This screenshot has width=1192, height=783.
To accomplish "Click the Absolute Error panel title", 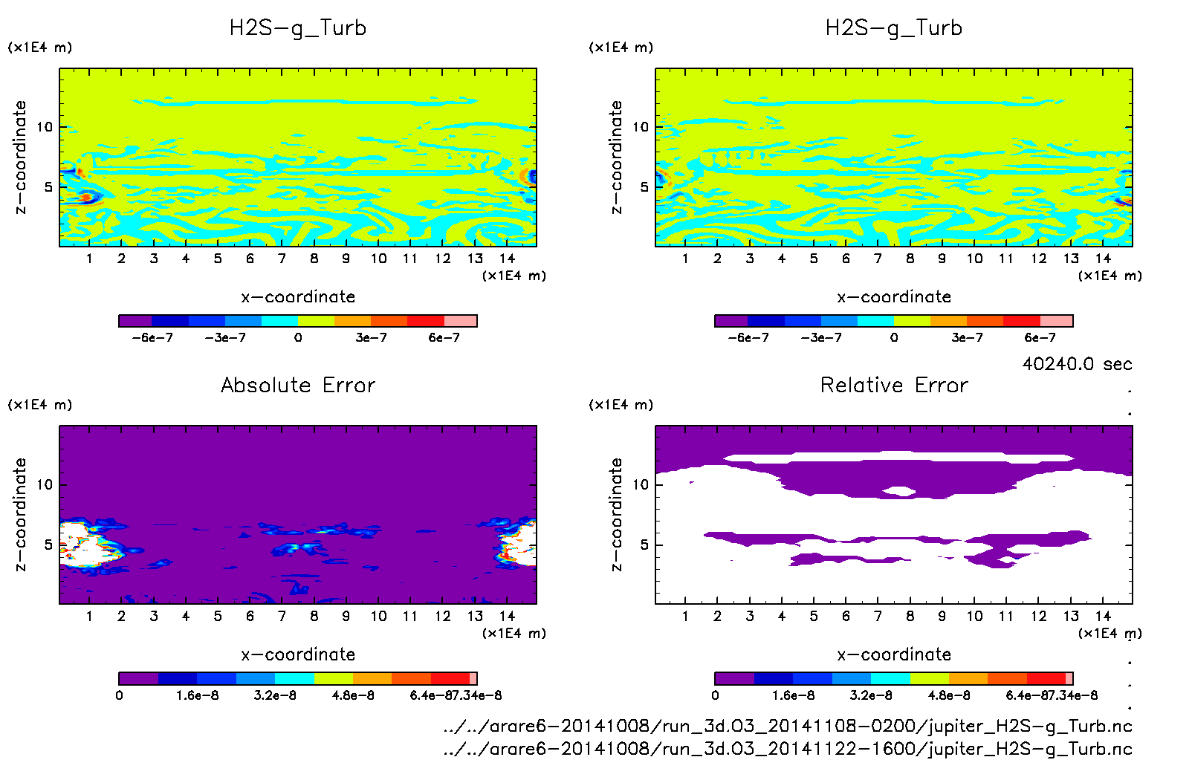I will (x=298, y=385).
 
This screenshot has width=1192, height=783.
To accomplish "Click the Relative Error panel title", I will (x=894, y=385).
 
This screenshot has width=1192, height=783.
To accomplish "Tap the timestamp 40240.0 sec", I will (x=1077, y=364).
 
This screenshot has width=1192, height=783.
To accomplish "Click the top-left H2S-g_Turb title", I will (x=298, y=28).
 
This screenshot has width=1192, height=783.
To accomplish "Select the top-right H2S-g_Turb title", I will (x=894, y=28).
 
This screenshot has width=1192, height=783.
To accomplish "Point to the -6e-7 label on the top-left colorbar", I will (x=152, y=337).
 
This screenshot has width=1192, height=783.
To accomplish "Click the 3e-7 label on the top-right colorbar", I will (x=967, y=337).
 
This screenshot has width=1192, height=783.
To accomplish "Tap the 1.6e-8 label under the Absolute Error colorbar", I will (x=197, y=695).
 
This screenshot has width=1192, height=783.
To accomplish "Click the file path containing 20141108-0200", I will (x=788, y=726).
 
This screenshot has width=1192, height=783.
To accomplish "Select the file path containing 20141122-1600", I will (x=788, y=749).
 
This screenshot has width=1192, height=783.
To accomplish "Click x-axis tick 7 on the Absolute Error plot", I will (x=282, y=616).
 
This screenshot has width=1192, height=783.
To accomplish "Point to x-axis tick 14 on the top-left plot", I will (x=507, y=259).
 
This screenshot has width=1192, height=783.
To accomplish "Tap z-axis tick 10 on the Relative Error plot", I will (x=640, y=485).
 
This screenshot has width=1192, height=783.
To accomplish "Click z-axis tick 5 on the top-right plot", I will (x=644, y=187).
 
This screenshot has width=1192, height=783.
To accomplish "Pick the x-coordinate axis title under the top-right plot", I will (x=894, y=297).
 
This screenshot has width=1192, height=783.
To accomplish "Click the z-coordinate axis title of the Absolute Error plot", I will (x=21, y=514).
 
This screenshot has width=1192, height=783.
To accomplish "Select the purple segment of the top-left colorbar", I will (x=135, y=321).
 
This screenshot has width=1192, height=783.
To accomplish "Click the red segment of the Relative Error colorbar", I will (x=1046, y=678).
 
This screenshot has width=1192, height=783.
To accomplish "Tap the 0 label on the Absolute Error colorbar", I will (x=120, y=695).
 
